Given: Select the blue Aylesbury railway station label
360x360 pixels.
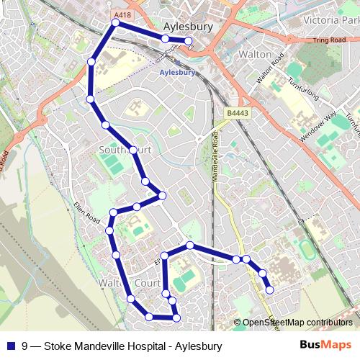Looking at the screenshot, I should pyautogui.click(x=177, y=73).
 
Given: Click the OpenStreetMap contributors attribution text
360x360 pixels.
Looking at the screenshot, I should pyautogui.click(x=297, y=323).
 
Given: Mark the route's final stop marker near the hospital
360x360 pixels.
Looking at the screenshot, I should pyautogui.click(x=270, y=290).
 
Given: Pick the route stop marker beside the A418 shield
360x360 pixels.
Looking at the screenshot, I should pyautogui.click(x=115, y=23).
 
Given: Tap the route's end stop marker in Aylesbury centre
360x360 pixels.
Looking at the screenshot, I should pyautogui.click(x=189, y=41).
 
